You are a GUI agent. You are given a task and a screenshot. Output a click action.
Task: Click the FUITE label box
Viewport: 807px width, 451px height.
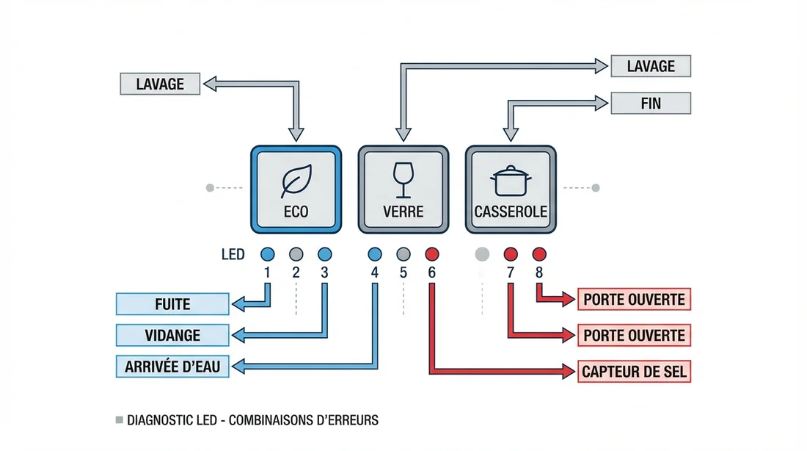173,303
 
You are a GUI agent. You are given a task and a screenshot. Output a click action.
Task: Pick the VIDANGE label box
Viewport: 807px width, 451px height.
173,335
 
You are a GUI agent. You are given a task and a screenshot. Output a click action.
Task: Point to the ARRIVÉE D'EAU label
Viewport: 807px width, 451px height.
173,366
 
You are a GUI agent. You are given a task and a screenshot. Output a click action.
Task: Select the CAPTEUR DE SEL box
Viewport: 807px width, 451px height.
635,372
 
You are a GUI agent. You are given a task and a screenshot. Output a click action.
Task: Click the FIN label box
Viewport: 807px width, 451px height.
650,103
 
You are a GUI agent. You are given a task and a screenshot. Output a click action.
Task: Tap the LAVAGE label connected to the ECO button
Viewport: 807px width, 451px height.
160,84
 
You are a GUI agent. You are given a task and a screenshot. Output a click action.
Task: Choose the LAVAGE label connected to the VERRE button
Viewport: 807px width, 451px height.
650,66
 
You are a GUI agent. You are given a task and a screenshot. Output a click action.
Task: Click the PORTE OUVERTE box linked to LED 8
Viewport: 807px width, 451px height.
635,300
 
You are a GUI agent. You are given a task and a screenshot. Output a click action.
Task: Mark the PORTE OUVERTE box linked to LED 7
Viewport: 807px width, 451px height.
635,336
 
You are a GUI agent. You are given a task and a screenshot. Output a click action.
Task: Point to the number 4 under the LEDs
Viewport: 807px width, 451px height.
375,273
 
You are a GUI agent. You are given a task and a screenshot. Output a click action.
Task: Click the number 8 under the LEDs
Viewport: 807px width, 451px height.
539,273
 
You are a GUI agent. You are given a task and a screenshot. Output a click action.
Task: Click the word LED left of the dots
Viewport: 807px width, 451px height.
233,256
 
